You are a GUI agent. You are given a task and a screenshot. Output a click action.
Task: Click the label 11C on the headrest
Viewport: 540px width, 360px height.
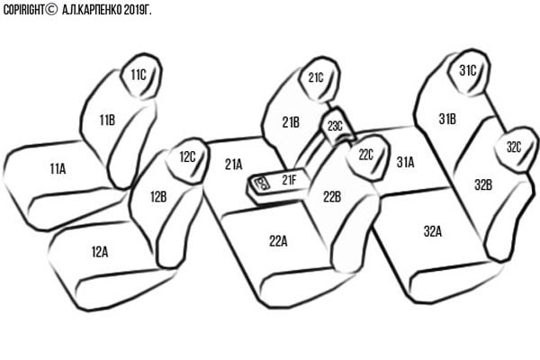(139, 75)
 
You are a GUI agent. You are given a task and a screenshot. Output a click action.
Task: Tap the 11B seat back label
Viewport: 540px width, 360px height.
(107, 121)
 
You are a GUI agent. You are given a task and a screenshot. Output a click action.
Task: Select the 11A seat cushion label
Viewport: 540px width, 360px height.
(58, 168)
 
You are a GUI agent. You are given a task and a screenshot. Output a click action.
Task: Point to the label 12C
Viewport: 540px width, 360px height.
(188, 157)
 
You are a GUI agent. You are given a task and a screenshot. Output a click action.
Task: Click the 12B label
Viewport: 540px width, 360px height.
(158, 197)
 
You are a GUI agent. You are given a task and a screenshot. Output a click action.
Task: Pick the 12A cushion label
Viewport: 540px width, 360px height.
(100, 252)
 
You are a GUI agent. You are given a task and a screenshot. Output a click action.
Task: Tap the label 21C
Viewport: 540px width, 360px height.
(316, 77)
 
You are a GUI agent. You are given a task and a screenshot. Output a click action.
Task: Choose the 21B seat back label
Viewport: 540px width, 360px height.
(291, 122)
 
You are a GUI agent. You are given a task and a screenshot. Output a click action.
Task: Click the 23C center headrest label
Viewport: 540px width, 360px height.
(335, 126)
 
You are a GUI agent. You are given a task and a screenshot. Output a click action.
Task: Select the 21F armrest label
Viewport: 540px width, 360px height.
(289, 179)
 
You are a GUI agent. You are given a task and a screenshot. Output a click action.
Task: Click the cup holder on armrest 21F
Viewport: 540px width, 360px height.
(262, 183)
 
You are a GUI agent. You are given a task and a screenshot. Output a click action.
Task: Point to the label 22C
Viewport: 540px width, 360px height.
(365, 155)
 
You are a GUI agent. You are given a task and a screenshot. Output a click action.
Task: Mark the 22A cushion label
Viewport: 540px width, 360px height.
(278, 241)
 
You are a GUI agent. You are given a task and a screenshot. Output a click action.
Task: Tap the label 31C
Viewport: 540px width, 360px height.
(468, 70)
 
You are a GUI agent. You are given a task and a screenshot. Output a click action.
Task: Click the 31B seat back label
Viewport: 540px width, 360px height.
(447, 119)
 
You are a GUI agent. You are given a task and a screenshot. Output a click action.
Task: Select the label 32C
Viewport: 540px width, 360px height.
(514, 147)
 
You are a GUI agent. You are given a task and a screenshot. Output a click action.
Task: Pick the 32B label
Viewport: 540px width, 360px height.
(483, 185)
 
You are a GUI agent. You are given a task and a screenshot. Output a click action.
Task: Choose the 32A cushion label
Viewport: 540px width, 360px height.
(433, 231)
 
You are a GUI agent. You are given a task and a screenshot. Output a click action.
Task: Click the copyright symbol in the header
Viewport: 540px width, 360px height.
(51, 9)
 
